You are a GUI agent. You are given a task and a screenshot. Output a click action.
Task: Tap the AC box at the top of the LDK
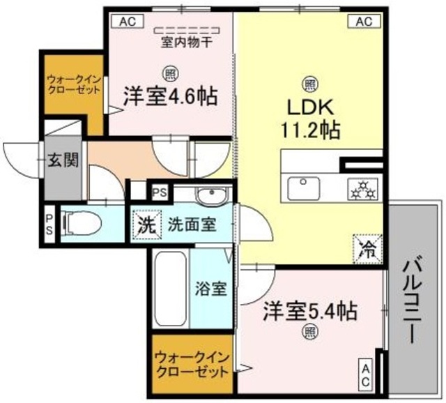click(363, 21)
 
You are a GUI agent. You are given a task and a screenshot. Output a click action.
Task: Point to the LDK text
click(312, 108)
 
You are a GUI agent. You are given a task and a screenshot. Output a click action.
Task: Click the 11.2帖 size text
click(312, 130)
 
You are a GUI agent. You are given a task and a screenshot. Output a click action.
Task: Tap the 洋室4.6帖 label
click(170, 96)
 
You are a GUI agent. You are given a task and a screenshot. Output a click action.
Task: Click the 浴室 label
click(210, 288)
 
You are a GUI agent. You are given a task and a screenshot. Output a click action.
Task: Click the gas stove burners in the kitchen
click(362, 189)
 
